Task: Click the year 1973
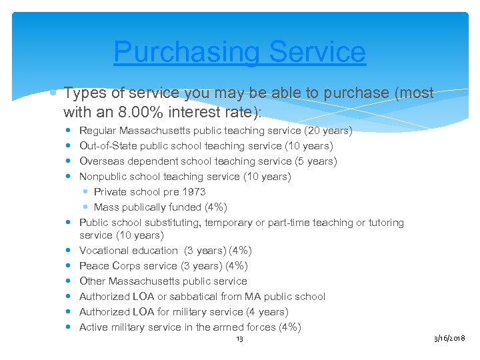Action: coord(193,192)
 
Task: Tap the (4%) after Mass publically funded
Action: coord(215,207)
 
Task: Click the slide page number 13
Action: coord(240,339)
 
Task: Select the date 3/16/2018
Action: coord(450,339)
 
